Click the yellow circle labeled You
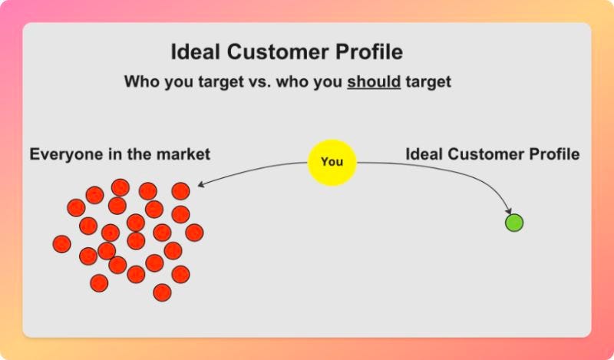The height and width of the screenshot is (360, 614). coord(332,162)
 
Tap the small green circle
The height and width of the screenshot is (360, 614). coord(513,223)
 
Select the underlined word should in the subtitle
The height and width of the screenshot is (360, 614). coord(374,81)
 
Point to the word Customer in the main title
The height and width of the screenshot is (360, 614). coord(282,53)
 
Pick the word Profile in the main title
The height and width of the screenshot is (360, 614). coord(371,53)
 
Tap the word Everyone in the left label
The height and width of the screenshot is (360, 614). coord(64,154)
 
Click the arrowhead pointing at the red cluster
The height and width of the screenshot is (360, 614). coord(201,185)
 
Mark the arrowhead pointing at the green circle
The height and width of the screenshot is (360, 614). coord(508,210)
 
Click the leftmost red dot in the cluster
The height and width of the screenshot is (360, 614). coord(62,244)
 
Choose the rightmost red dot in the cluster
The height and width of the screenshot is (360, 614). coord(194,233)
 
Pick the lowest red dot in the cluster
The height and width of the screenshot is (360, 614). coord(162,292)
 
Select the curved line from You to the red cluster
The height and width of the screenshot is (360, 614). coord(253,170)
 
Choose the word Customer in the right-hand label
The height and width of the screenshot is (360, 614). coord(481,154)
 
